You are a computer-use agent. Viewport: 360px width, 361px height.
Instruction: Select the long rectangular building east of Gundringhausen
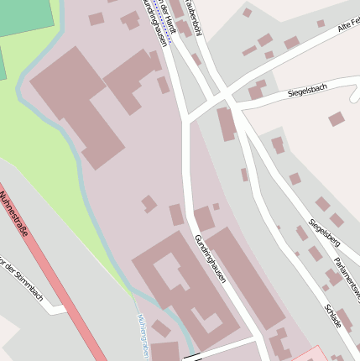click(248, 278)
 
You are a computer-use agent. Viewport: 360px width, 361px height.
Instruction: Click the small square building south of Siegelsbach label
click(336, 119)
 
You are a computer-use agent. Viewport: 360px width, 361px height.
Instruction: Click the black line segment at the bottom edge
click(218, 350)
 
